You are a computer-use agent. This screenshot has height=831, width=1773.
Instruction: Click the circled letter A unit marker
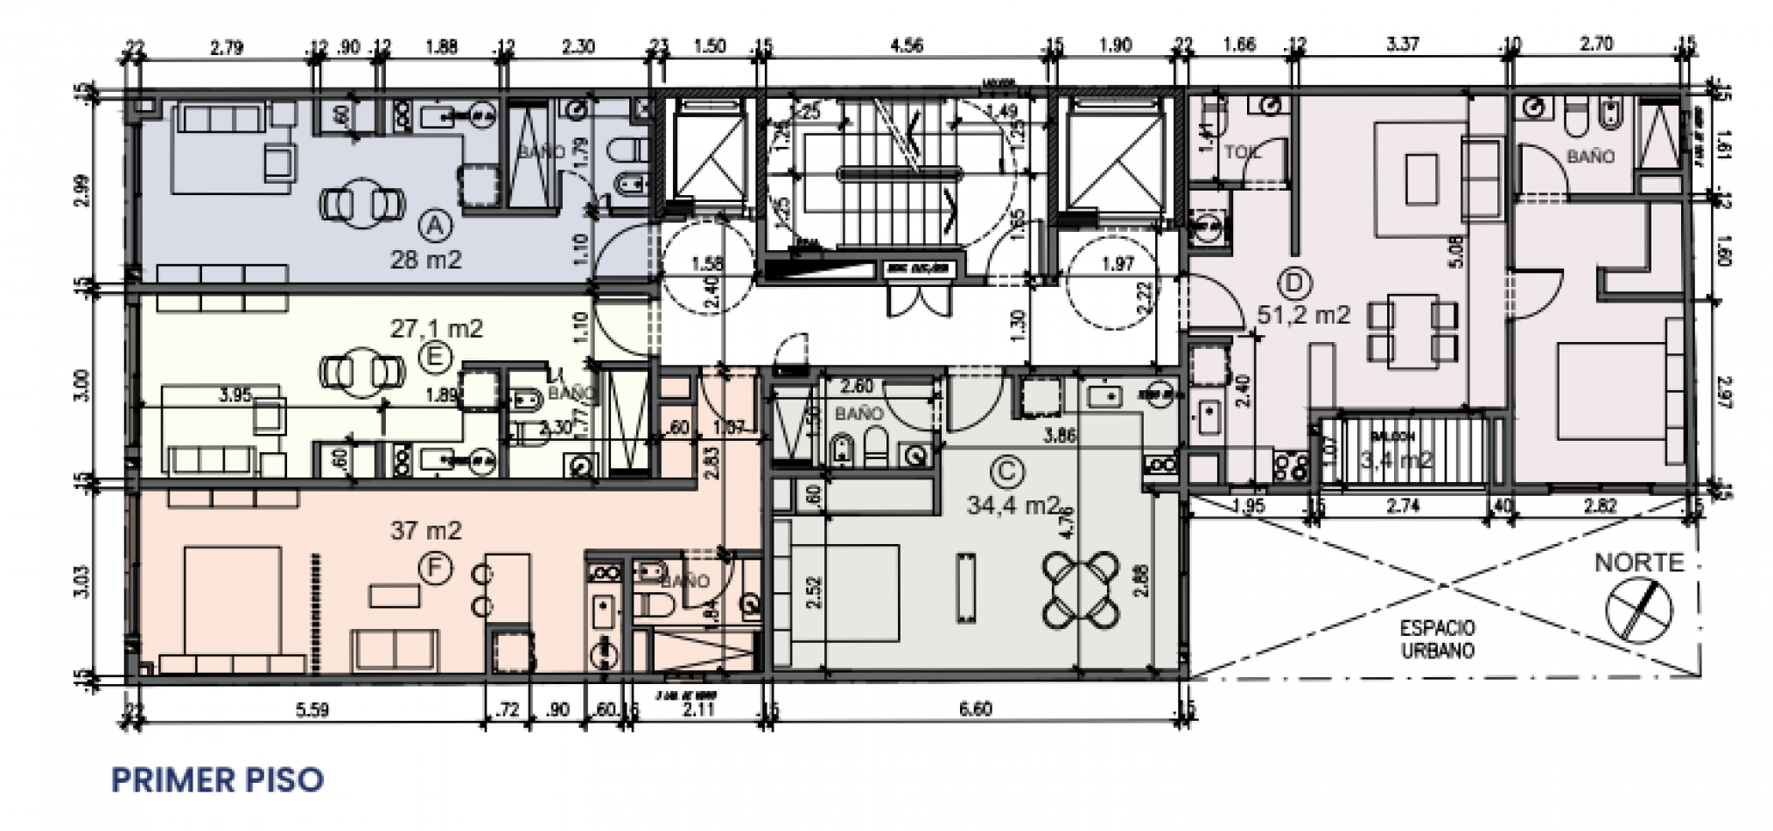pos(435,227)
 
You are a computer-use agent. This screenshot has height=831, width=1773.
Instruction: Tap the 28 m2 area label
pos(425,260)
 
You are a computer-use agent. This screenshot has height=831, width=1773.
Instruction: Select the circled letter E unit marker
pos(435,357)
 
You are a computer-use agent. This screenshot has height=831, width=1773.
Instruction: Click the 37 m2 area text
pos(425,531)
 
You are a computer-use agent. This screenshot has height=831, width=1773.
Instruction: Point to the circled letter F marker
pos(435,570)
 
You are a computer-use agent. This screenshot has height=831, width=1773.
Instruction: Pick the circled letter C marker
pos(1007,472)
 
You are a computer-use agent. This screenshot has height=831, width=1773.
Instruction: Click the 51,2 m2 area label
pos(1303,315)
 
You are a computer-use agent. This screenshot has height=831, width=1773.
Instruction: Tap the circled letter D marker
pos(1294,283)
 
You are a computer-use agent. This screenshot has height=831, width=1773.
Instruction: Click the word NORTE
pos(1638,562)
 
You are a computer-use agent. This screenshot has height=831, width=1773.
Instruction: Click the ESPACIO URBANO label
pos(1437,639)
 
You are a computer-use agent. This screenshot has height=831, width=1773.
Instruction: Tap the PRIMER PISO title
pos(217,779)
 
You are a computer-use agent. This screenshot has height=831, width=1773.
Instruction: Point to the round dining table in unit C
pos(1082,590)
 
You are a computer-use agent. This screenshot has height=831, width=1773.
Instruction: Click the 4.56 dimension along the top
pos(906,46)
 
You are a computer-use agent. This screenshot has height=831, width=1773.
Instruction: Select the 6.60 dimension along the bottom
pos(975,709)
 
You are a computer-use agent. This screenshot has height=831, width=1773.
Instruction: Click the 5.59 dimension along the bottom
pos(312,709)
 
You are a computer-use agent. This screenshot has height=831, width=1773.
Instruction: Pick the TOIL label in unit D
pos(1242,152)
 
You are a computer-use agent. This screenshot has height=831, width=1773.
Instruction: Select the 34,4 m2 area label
pos(1013,506)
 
